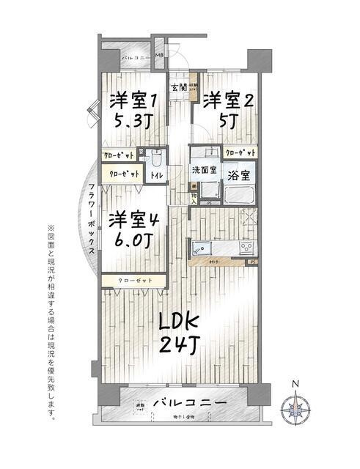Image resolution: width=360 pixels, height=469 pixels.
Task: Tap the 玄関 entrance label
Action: (x=179, y=89)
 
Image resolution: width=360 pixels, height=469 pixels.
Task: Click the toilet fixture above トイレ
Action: (x=156, y=158)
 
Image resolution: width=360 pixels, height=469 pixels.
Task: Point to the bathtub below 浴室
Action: (x=238, y=197)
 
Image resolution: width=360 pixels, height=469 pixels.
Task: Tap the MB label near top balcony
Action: (x=159, y=56)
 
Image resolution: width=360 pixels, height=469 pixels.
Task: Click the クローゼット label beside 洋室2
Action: (x=240, y=153)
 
